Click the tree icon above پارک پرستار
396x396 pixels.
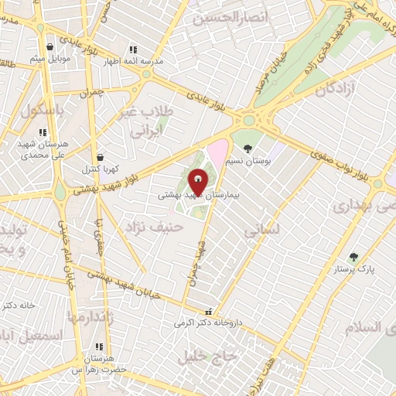[x=354, y=257]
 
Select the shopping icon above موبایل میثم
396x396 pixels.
[x=50, y=46]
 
